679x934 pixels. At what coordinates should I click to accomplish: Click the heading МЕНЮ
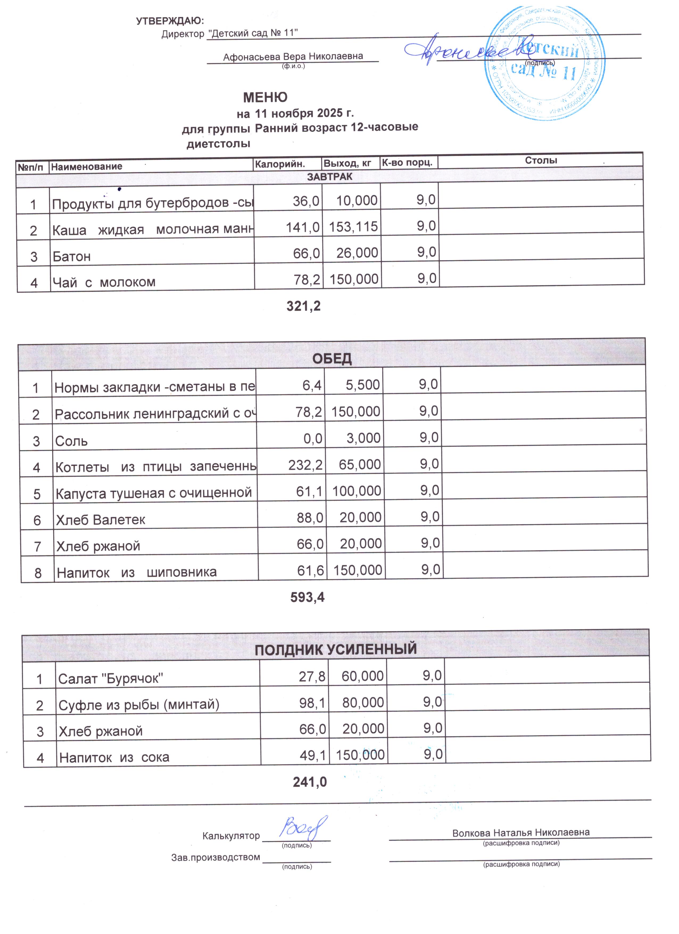pos(265,98)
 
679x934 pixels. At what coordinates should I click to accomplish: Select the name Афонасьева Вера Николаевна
pos(293,56)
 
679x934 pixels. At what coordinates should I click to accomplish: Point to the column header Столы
pos(541,160)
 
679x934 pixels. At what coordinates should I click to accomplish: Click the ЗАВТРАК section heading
pos(329,177)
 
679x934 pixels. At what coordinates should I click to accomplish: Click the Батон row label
pos(72,257)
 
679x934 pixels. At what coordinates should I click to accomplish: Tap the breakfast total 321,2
pos(304,306)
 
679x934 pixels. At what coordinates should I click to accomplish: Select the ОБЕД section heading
pos(332,359)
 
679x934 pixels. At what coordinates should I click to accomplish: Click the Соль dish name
pos(71,441)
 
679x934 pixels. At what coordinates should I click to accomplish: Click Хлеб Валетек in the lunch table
pos(101,520)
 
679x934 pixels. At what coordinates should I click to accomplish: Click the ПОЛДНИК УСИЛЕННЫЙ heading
pos(336,650)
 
